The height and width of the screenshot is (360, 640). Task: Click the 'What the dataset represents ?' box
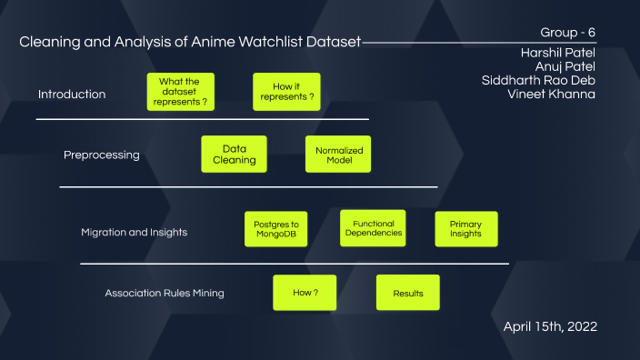(x=180, y=92)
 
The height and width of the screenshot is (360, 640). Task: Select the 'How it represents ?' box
(x=287, y=92)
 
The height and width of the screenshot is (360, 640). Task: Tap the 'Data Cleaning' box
(x=234, y=154)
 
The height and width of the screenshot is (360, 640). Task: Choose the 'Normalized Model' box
(x=338, y=154)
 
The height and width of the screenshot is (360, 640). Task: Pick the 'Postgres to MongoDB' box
(x=276, y=229)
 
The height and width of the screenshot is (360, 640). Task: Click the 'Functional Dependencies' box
(x=374, y=228)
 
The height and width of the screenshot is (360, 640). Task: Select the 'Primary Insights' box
(x=466, y=229)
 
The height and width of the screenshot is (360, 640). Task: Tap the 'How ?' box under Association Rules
(x=305, y=293)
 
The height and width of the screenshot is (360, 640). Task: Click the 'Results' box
(x=408, y=293)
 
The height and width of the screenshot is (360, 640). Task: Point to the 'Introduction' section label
(x=72, y=95)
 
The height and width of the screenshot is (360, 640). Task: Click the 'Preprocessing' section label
(x=102, y=155)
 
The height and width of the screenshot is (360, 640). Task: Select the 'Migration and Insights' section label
(x=134, y=232)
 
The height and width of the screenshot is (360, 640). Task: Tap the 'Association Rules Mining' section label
(x=165, y=294)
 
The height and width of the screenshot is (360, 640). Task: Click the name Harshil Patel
(x=558, y=53)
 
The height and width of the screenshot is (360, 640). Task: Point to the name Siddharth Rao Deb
(x=538, y=80)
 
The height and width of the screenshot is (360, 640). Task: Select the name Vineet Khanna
(x=551, y=94)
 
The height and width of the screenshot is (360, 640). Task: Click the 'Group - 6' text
(x=568, y=33)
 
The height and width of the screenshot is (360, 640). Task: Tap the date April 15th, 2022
(x=550, y=325)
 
